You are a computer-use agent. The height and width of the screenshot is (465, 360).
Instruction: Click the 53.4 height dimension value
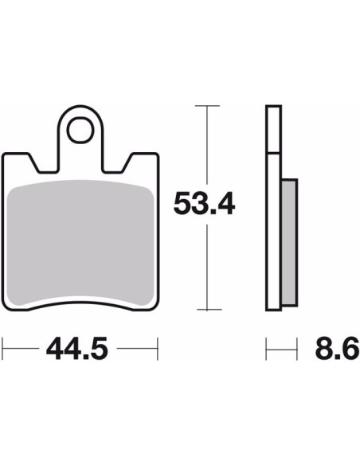pos(204,203)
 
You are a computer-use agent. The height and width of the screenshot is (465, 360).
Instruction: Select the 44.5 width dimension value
pos(77,349)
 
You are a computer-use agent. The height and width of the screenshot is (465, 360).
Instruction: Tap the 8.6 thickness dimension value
pos(337,349)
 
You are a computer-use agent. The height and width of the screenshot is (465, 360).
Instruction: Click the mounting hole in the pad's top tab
pos(80,131)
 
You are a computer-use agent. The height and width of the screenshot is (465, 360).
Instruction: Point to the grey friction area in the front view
pos(80,243)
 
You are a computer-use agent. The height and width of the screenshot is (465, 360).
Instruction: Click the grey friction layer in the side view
pos(289,242)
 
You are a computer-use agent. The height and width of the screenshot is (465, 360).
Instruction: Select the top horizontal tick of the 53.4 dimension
pos(207,106)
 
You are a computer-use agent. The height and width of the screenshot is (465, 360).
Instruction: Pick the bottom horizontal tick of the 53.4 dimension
pos(209,309)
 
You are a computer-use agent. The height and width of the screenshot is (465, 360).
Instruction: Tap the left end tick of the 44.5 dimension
pos(2,349)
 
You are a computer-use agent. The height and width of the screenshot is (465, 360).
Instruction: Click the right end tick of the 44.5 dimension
pos(158,349)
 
